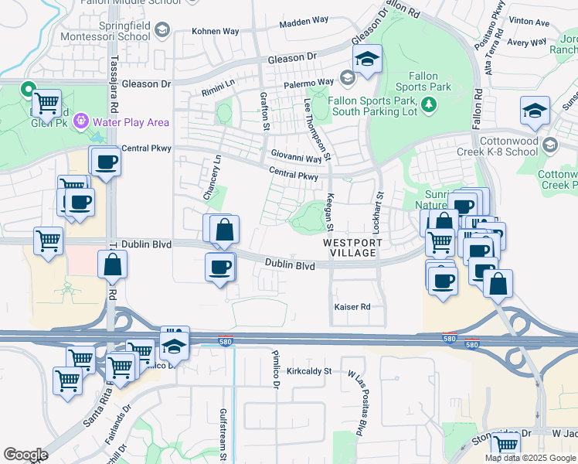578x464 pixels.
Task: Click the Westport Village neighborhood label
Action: (352, 247)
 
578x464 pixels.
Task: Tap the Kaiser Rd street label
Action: (352, 307)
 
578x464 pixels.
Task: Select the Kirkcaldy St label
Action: (308, 371)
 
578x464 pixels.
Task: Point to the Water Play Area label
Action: (131, 121)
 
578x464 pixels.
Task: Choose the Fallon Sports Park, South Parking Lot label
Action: (372, 106)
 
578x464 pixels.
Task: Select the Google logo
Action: (25, 455)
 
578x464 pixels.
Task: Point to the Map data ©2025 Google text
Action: (529, 458)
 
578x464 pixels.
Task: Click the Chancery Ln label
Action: (207, 179)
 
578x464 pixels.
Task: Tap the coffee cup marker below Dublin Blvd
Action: (219, 268)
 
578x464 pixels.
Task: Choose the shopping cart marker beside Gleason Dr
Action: (47, 101)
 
